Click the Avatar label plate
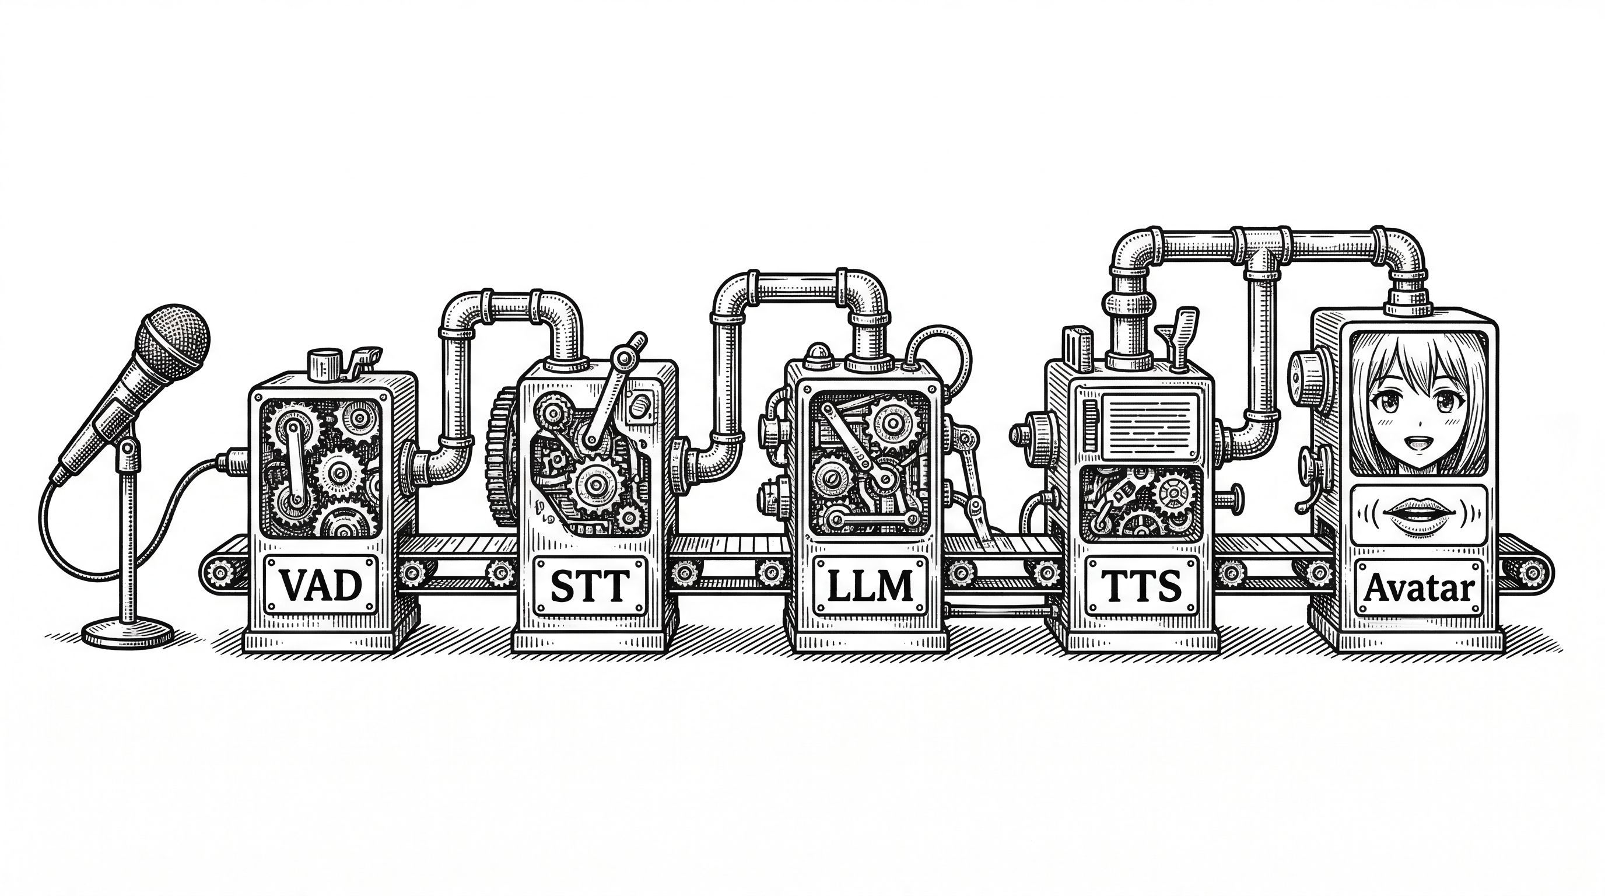pos(1419,587)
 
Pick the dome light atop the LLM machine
pos(815,352)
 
